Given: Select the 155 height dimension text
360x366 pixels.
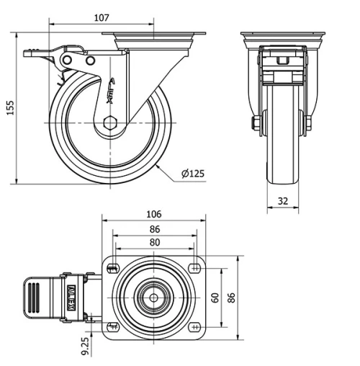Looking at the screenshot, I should coord(9,107).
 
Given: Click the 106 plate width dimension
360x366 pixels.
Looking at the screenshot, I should coord(153,214).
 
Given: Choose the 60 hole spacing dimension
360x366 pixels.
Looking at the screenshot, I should coord(215,298).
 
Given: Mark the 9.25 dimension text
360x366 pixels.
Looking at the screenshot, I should coord(85,345).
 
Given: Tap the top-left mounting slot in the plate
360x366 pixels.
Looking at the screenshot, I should coord(112,269).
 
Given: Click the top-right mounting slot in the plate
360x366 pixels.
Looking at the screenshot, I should coord(195,269).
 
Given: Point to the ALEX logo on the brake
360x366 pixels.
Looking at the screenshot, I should coord(71,296).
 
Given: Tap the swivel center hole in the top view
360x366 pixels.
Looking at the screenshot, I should coord(153,298).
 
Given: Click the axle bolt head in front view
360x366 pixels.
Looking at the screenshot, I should coord(256,123).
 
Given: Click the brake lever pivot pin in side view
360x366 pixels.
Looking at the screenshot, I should coord(90,61).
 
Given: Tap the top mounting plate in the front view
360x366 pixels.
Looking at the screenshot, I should coord(282,36).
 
